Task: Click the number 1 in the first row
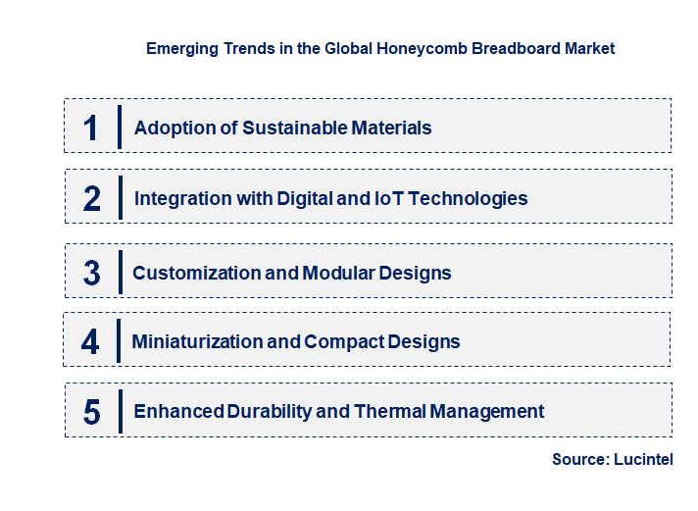tap(91, 128)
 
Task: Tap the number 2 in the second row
tap(92, 198)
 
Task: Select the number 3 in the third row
tap(92, 273)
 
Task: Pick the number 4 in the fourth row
tap(90, 341)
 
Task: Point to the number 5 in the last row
tap(92, 412)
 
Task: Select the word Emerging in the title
tap(178, 48)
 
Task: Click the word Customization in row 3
tap(196, 273)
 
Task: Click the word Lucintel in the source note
tap(645, 459)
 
